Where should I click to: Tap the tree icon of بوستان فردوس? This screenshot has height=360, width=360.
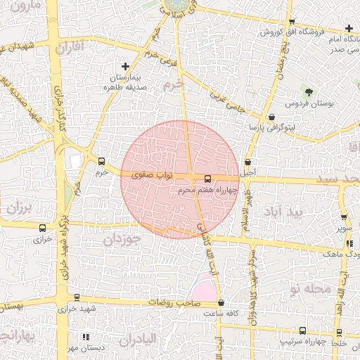point(308,91)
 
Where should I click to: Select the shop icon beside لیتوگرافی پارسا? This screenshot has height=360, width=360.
point(272,116)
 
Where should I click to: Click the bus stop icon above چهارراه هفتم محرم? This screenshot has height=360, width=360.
point(207,179)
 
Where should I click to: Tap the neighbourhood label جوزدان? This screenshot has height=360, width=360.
point(122,239)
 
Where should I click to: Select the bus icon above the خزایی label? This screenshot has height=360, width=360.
point(43,229)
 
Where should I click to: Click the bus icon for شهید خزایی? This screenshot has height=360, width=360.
point(77,297)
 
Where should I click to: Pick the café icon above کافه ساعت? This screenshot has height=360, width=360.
point(221,304)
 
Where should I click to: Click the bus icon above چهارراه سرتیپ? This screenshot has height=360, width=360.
point(302,330)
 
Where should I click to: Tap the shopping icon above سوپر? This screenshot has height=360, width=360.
point(344,218)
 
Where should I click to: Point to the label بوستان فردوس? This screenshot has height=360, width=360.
point(307,103)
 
